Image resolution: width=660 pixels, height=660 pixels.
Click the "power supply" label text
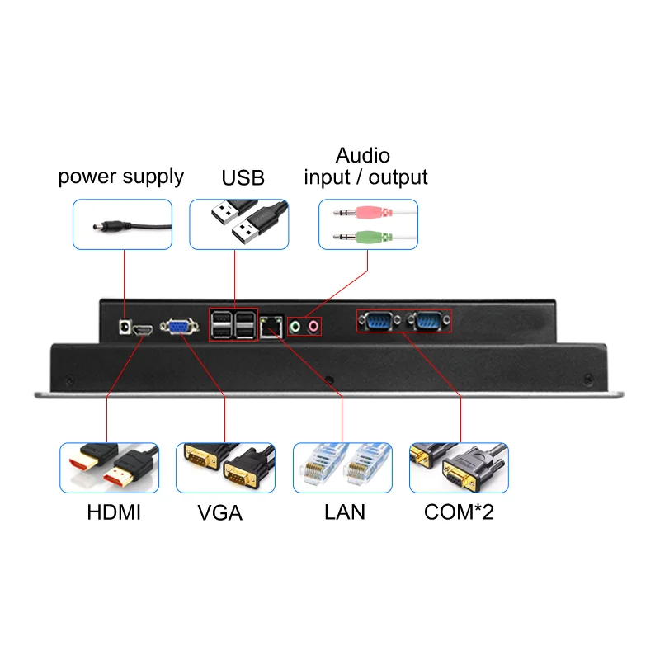point(120,177)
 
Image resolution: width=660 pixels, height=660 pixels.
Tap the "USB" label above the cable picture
point(243,177)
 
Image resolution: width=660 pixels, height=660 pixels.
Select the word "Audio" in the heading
point(363,155)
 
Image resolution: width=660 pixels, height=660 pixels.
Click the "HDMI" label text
point(114,512)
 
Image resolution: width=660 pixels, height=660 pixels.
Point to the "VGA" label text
point(220,512)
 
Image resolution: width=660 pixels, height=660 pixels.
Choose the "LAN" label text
point(345,512)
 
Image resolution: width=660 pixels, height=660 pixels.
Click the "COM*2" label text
point(459,512)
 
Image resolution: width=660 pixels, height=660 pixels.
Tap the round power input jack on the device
point(125,328)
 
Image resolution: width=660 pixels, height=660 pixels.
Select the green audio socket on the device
point(296,328)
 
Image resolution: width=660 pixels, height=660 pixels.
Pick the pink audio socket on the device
point(313,328)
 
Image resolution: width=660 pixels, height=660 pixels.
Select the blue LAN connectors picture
point(342,468)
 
